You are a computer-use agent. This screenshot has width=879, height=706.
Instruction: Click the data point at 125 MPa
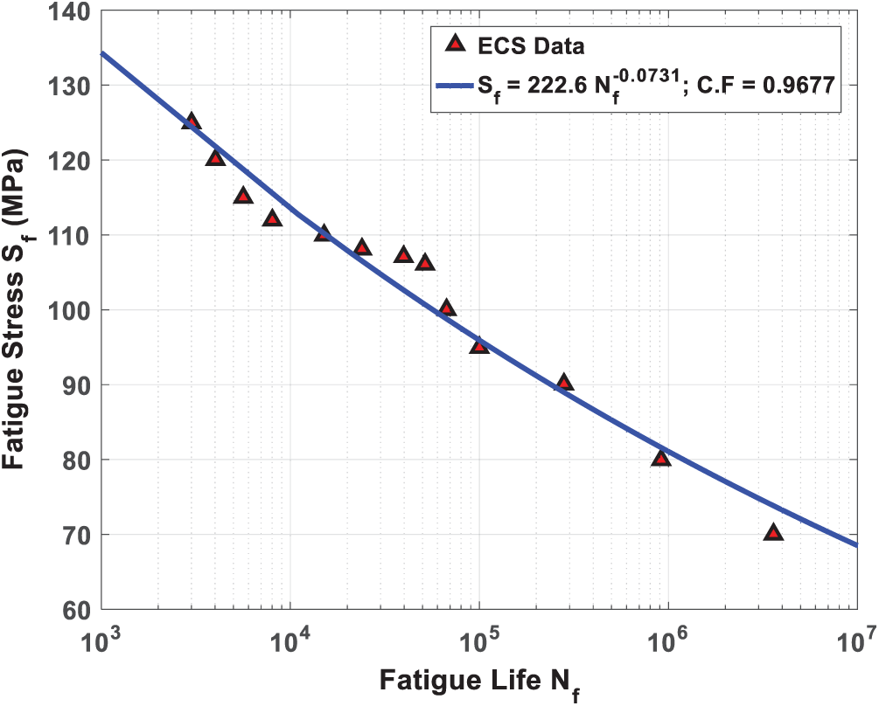192,122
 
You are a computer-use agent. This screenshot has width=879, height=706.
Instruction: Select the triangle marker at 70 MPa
773,533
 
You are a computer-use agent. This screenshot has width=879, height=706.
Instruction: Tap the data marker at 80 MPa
661,459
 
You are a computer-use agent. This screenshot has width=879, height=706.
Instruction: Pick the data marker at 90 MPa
564,383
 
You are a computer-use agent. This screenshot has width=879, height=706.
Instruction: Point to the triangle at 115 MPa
243,196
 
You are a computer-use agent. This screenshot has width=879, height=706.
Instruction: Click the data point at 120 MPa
215,158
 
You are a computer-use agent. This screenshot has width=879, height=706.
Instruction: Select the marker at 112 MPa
272,218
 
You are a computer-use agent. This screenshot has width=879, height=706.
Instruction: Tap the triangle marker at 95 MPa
479,346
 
